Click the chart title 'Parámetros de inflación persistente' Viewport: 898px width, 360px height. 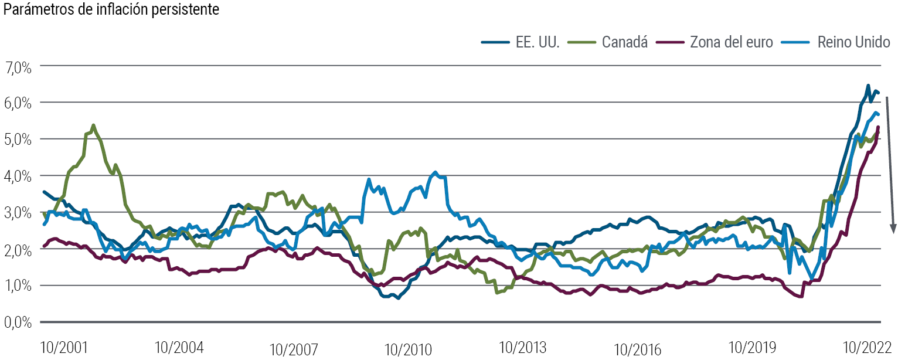(111, 11)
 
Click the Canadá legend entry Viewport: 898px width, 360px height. (625, 42)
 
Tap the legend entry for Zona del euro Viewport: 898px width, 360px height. (732, 42)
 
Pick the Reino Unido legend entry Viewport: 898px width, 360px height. (854, 42)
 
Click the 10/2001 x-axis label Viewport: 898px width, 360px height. (64, 348)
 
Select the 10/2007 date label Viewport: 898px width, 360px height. (294, 350)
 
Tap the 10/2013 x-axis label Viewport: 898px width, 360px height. (523, 348)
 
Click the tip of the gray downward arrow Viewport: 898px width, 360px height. (894, 232)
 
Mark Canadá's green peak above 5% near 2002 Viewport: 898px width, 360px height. (94, 125)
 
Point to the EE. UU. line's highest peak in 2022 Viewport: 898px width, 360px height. (868, 86)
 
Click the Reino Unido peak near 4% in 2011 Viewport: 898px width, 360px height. (435, 172)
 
